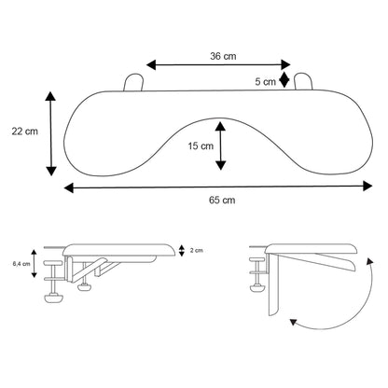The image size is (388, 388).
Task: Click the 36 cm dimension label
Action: point(223,56)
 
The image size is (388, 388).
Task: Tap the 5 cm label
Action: point(265,82)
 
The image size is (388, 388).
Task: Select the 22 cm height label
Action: point(25,132)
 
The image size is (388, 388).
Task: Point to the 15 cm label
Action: point(201,145)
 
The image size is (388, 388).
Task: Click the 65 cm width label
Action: point(222,200)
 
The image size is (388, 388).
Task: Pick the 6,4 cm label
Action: point(21,264)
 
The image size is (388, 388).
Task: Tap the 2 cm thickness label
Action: point(197,250)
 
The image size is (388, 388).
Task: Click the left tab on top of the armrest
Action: point(133,82)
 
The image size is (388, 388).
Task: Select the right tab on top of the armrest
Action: point(303,81)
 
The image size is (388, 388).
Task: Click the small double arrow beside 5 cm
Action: point(284,79)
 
